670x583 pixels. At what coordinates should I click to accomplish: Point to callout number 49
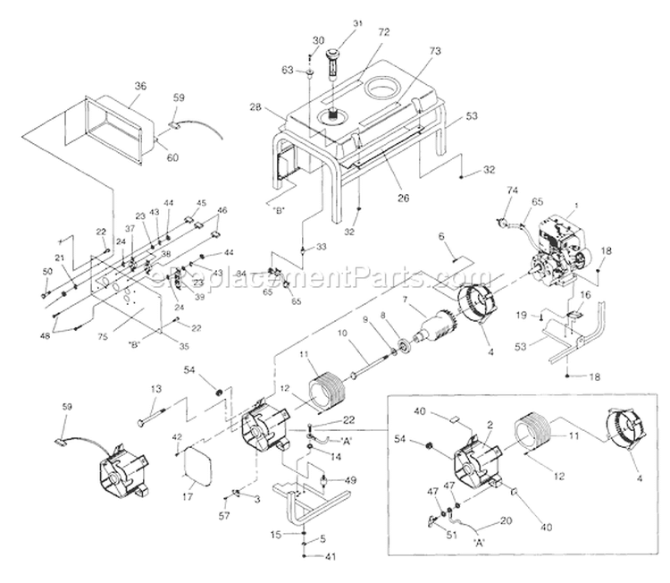point(351,480)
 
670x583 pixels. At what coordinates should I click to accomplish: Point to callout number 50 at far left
point(46,271)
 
